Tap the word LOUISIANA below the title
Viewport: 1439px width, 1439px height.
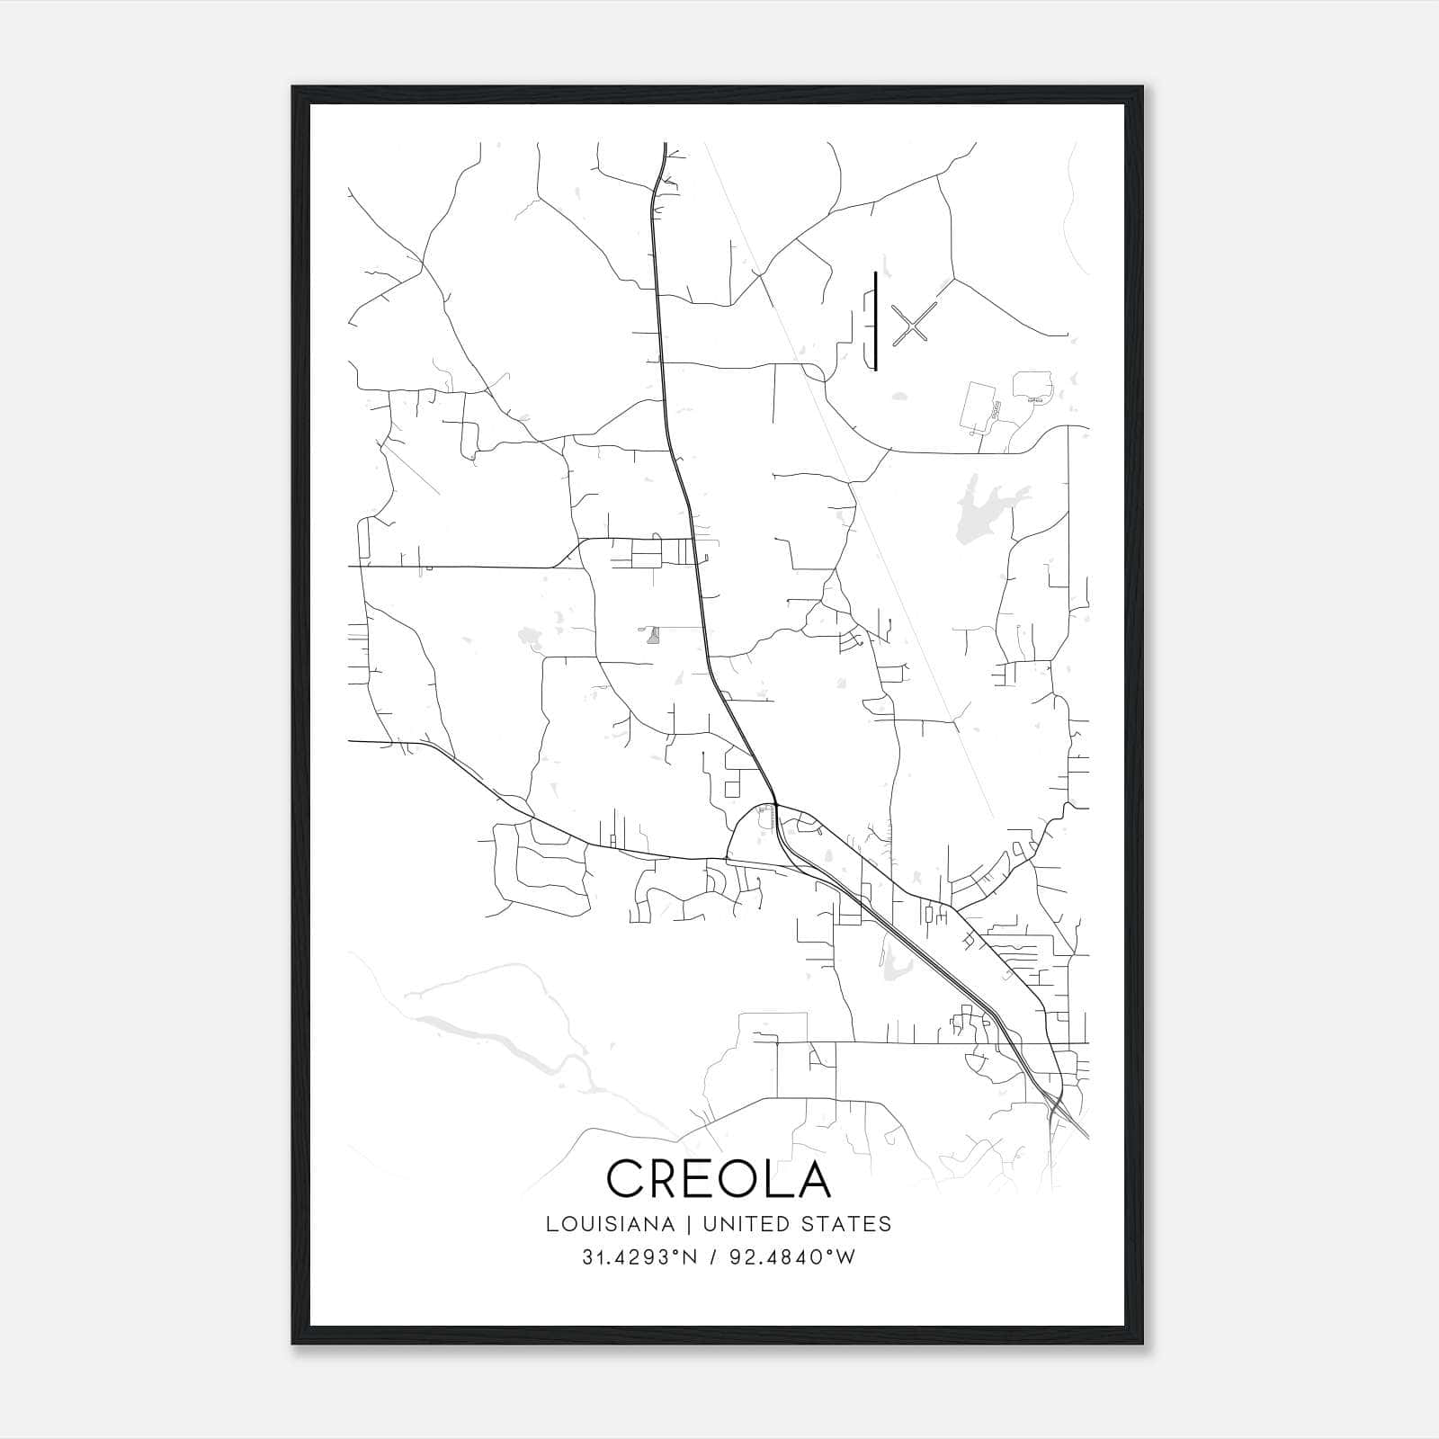click(x=610, y=1224)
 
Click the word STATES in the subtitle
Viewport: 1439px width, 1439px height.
click(x=847, y=1224)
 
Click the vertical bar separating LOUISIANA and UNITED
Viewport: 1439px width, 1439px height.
click(x=688, y=1224)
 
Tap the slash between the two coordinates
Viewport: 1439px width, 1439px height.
click(x=712, y=1257)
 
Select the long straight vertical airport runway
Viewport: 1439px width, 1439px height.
click(x=875, y=320)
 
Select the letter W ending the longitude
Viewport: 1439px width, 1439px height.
click(x=845, y=1257)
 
